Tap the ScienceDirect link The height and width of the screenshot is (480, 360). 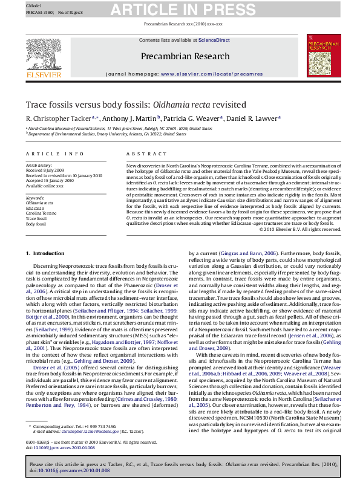point(214,40)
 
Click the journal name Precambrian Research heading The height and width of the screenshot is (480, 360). point(180,56)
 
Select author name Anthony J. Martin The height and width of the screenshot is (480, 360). point(128,118)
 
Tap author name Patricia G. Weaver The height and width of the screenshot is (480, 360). point(191,118)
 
